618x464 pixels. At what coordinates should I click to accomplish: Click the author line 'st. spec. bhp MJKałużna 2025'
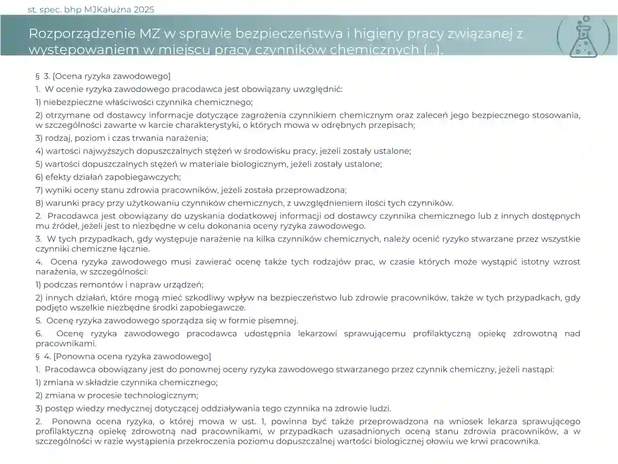point(91,9)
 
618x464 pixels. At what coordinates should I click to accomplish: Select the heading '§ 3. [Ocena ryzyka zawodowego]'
point(103,76)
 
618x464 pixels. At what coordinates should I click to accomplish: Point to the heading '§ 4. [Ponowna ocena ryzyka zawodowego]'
point(123,356)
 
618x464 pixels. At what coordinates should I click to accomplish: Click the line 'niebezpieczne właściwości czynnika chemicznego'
point(144,102)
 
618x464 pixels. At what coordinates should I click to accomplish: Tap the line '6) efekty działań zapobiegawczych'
point(108,177)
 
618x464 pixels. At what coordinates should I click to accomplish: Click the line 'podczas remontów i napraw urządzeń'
point(119,285)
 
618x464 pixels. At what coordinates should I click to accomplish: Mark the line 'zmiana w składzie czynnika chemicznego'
point(127,383)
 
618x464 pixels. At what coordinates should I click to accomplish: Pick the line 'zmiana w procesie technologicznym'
point(117,395)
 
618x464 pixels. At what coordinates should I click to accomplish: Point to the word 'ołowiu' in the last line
point(467,442)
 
